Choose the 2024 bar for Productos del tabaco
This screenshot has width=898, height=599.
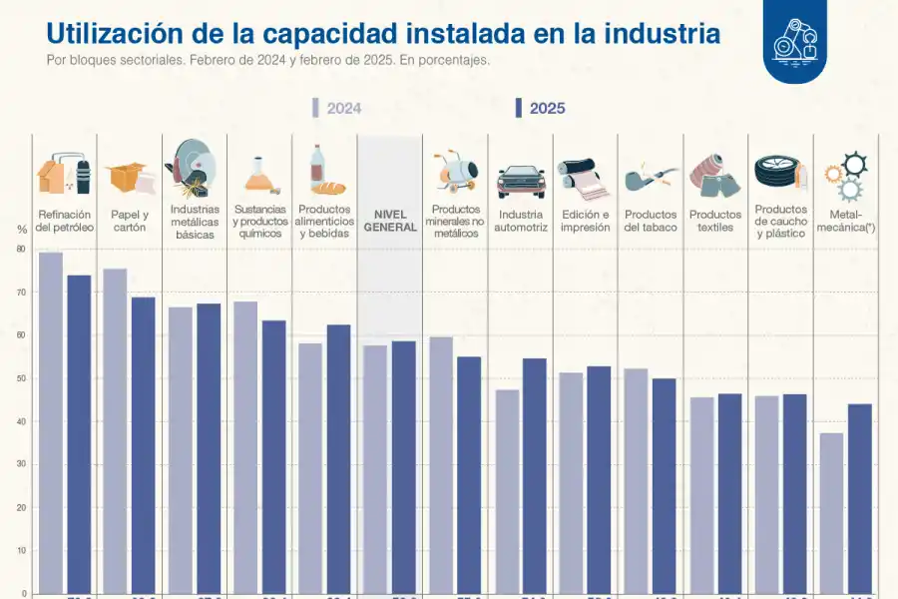636,479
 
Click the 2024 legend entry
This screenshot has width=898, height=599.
336,109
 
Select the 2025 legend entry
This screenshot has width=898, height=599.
540,109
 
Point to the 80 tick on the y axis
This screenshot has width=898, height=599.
21,250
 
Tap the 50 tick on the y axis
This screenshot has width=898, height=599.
21,378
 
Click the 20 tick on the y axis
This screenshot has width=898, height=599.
21,507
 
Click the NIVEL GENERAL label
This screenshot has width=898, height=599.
390,221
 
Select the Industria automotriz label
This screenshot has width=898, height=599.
521,221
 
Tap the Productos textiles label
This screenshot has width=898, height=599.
715,221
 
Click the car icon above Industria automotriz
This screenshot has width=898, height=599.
521,181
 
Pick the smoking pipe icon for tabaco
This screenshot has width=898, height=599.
650,179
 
